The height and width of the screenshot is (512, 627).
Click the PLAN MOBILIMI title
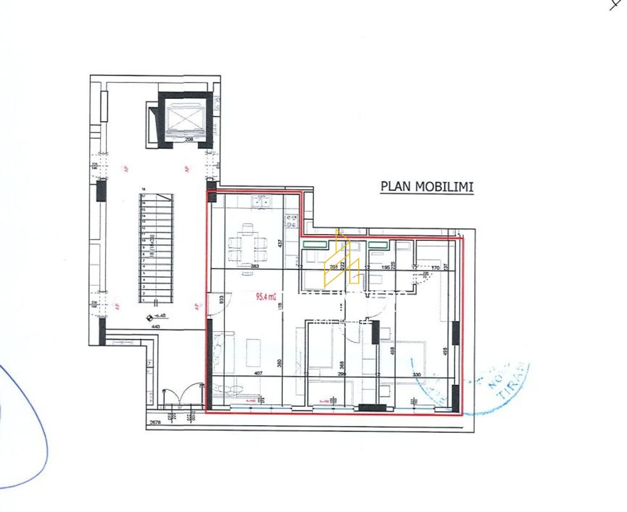427,187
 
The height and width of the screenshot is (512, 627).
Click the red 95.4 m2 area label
266,297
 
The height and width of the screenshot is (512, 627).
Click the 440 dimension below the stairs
156,326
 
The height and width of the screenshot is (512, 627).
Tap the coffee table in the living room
253,352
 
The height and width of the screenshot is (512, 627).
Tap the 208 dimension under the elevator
182,139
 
